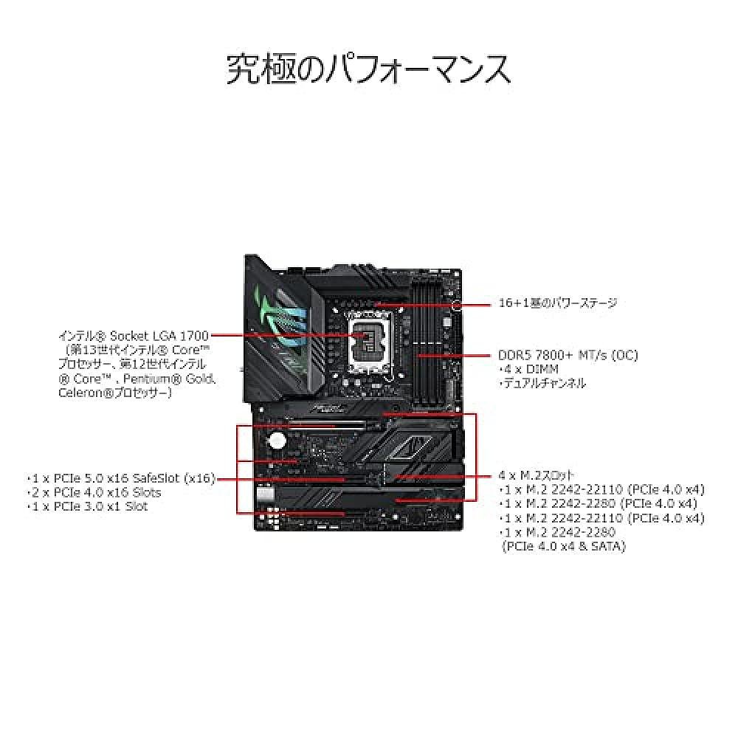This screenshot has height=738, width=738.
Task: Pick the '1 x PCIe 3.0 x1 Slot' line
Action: click(88, 506)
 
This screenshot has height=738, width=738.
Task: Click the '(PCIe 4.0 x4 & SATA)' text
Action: click(563, 546)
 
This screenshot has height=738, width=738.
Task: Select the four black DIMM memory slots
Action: click(424, 347)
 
